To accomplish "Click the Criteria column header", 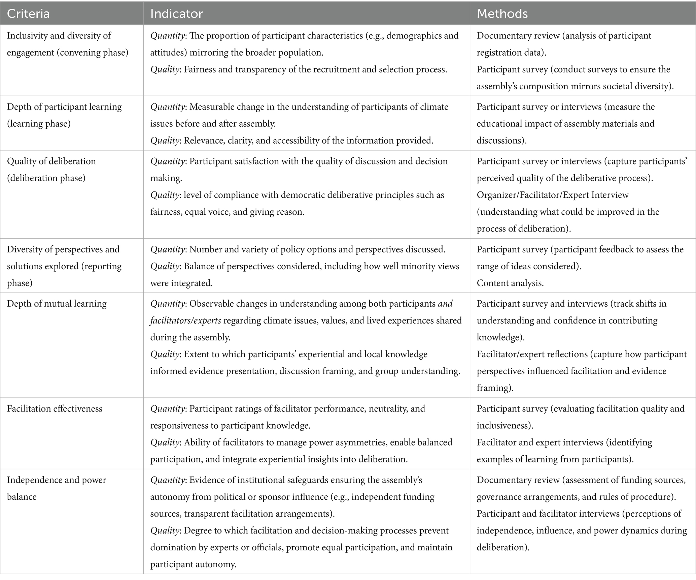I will (28, 13).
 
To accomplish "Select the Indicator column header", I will (176, 13).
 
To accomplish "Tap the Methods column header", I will (502, 13).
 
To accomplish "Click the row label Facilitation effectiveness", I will (55, 408).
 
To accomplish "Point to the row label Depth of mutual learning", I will (57, 303).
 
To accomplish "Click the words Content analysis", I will (510, 283).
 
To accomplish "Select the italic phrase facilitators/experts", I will (185, 320).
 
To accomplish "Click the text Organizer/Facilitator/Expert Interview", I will (553, 195).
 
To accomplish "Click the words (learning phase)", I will (39, 124).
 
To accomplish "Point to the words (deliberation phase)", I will (46, 178).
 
